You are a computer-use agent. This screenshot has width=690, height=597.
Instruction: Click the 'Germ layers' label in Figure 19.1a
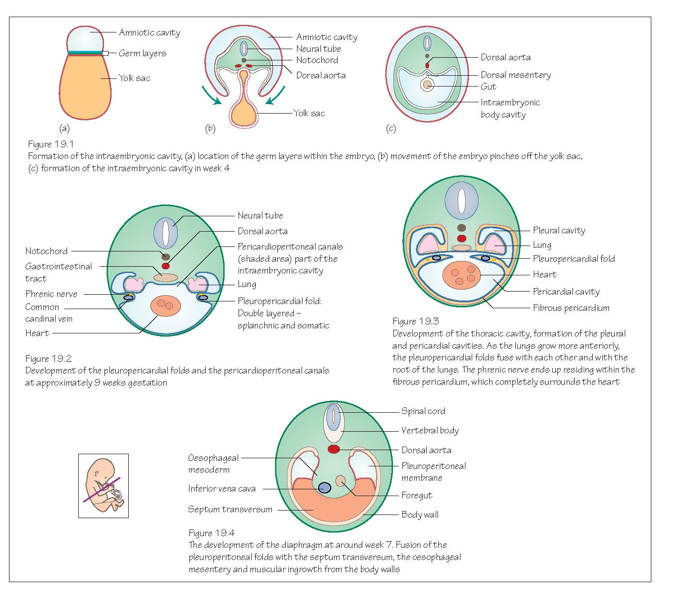142,53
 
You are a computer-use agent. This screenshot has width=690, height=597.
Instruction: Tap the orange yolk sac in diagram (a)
85,88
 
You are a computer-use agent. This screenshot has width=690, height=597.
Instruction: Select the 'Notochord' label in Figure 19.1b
317,60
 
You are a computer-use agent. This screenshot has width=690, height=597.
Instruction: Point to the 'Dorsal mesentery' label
515,75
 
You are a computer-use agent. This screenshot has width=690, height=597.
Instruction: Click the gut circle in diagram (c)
427,85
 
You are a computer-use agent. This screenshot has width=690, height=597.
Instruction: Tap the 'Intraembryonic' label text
510,102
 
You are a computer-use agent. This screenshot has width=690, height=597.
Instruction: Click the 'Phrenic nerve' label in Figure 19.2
51,294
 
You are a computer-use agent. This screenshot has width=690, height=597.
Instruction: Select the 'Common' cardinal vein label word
42,307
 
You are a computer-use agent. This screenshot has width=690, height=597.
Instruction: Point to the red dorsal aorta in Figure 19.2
166,266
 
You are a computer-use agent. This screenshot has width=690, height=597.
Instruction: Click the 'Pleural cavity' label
559,230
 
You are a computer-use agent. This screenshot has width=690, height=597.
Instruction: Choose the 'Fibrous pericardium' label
571,308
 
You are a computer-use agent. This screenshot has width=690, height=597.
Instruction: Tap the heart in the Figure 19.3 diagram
461,275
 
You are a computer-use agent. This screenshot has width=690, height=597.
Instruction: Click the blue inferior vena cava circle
325,488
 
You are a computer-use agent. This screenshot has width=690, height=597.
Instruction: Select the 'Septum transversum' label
230,509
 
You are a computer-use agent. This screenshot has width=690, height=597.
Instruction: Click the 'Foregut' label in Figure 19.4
416,495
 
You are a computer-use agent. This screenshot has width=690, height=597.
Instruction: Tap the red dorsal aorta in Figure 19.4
334,449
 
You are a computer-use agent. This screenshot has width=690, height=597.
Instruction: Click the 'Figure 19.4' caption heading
211,533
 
